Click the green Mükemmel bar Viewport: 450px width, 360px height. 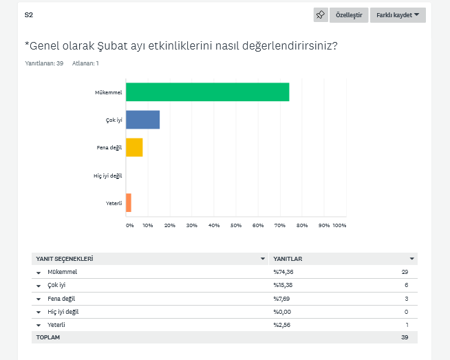pos(207,92)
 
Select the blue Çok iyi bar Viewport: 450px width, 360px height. pos(142,120)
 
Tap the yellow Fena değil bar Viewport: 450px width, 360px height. pos(134,147)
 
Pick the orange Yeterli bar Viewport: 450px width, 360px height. pos(129,203)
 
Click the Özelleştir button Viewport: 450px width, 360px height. pos(349,15)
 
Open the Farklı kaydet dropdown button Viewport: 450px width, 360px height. pos(398,15)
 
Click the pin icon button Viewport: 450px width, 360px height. pos(320,15)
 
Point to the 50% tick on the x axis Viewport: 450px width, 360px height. pos(236,225)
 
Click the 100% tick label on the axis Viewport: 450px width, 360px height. pos(339,225)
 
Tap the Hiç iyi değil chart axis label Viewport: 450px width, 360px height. pos(108,176)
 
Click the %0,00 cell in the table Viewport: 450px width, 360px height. pos(283,311)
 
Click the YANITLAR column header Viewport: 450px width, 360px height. pos(288,259)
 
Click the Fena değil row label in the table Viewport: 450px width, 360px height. pos(62,298)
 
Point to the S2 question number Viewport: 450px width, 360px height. pos(28,14)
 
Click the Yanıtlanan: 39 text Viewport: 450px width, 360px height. pos(44,63)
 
